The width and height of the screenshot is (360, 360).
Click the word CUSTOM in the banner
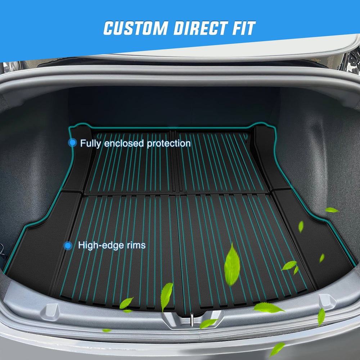[x=136, y=28]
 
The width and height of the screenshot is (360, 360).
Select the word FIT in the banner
[x=244, y=28]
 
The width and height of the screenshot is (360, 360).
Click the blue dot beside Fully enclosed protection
[x=73, y=143]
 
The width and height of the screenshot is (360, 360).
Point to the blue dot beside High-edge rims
[x=68, y=246]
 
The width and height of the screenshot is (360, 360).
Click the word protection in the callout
[x=169, y=144]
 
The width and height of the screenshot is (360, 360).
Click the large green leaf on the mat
[x=232, y=265]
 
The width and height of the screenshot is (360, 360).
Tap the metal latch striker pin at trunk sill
[x=192, y=319]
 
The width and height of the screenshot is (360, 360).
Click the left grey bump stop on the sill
[x=50, y=311]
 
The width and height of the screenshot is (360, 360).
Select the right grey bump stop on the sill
[x=328, y=301]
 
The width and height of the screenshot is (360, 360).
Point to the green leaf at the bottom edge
[x=277, y=349]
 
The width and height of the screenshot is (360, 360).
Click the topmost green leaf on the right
[x=332, y=210]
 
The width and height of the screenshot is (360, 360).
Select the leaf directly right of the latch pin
[x=208, y=323]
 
